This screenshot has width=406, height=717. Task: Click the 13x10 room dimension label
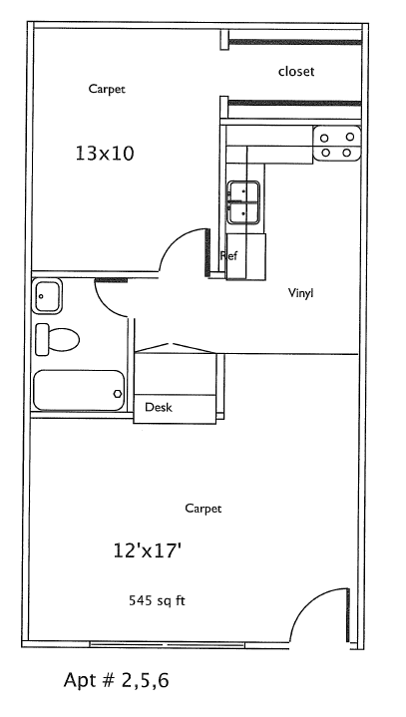tap(104, 154)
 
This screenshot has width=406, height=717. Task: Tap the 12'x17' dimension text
tap(145, 550)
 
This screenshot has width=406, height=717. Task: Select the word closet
tap(296, 72)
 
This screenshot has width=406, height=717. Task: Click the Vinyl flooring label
tap(301, 292)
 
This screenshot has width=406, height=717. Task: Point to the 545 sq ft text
tap(157, 600)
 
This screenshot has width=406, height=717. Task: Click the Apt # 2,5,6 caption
tap(116, 680)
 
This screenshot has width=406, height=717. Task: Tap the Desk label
tap(159, 407)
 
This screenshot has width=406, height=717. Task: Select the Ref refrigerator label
tap(229, 255)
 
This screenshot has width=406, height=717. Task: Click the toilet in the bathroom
tap(57, 339)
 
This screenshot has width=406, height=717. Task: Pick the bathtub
tap(79, 390)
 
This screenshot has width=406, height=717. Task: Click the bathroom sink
tap(47, 296)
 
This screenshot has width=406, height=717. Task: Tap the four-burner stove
tap(337, 144)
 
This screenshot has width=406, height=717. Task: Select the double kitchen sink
tap(243, 202)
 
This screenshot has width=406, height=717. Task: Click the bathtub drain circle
tap(118, 393)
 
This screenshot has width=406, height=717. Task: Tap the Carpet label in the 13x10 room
tap(107, 89)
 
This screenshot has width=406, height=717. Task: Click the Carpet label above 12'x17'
tap(203, 509)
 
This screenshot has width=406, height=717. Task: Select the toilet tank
tap(42, 339)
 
